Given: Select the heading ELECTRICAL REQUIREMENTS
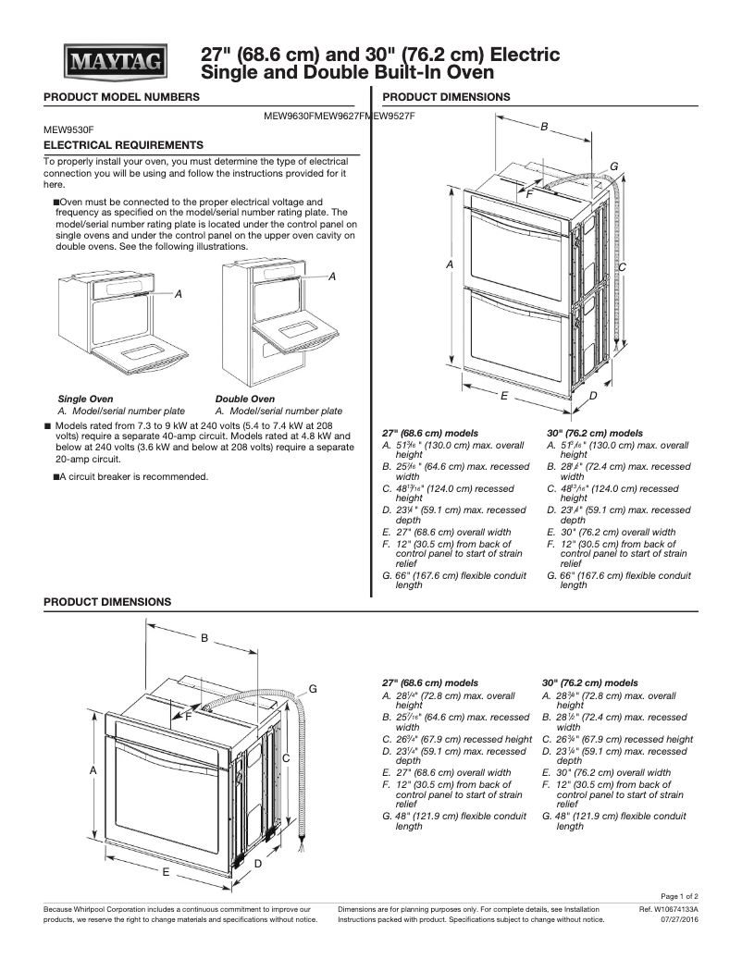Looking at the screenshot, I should (124, 145).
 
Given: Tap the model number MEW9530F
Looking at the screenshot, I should (69, 130).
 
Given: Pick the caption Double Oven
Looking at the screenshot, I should (244, 399).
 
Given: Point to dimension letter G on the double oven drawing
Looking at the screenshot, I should (613, 166).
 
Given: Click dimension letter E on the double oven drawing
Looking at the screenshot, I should (503, 395).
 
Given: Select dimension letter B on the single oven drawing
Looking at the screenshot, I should (204, 637).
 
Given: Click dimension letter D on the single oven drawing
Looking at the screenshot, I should (258, 863).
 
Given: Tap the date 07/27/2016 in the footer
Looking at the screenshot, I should (679, 919).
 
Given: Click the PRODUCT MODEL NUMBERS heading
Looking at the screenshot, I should (121, 97).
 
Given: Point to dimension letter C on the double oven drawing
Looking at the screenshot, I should (623, 267).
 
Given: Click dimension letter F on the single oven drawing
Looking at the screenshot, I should (188, 716).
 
